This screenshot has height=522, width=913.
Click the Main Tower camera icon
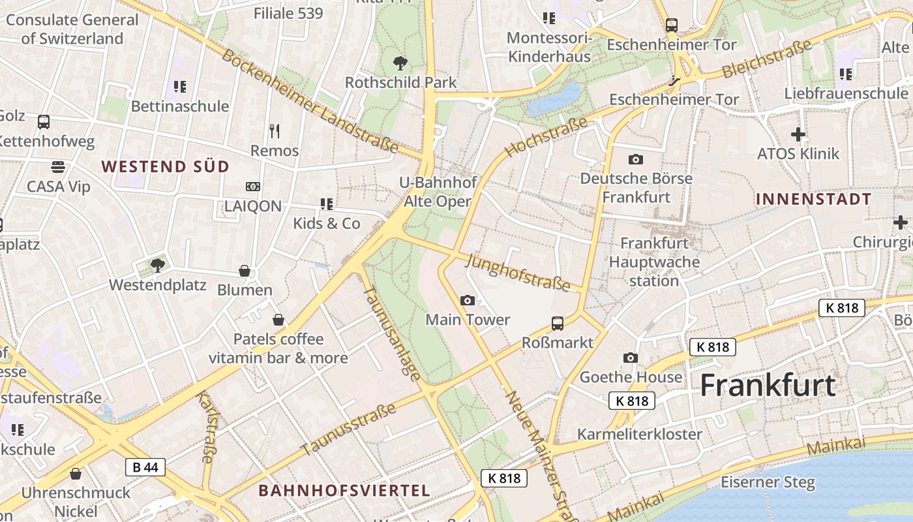click(x=468, y=300)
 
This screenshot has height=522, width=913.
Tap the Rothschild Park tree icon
click(x=400, y=63)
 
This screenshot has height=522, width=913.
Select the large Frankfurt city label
click(x=768, y=386)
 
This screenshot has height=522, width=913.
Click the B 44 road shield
click(x=145, y=467)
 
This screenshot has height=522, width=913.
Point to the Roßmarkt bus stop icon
click(x=558, y=323)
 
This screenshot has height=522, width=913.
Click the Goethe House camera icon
click(x=631, y=358)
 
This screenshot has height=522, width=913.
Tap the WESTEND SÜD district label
click(x=166, y=166)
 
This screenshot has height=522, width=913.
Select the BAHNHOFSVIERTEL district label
click(x=344, y=491)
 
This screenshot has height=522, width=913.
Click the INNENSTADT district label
click(x=813, y=199)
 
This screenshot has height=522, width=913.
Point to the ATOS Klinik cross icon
click(x=798, y=135)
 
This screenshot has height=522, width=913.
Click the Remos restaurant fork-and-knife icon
click(x=275, y=131)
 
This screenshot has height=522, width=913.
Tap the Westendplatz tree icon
click(x=157, y=265)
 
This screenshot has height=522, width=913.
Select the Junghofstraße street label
click(x=518, y=272)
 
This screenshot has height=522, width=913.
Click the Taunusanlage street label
click(x=391, y=332)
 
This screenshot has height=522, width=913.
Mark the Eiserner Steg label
click(x=768, y=483)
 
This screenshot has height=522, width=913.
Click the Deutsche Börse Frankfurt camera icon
click(x=635, y=159)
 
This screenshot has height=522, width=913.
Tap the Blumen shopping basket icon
click(x=245, y=270)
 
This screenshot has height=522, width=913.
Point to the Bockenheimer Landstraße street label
click(x=310, y=101)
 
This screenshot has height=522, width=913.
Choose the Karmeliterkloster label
click(x=640, y=434)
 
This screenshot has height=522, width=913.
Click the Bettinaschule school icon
click(x=180, y=86)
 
